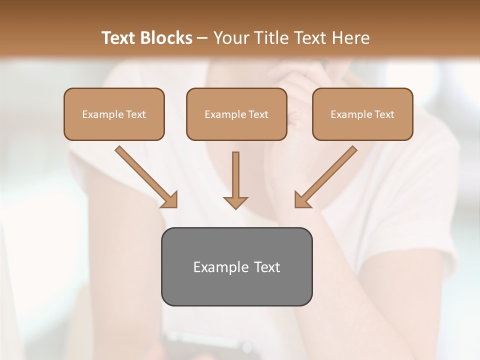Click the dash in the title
[x=202, y=38]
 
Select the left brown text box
[x=114, y=114]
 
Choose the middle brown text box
[x=236, y=114]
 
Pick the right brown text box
[x=362, y=114]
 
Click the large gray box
[x=236, y=266]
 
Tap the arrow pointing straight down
[x=235, y=177]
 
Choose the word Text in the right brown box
[x=384, y=114]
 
